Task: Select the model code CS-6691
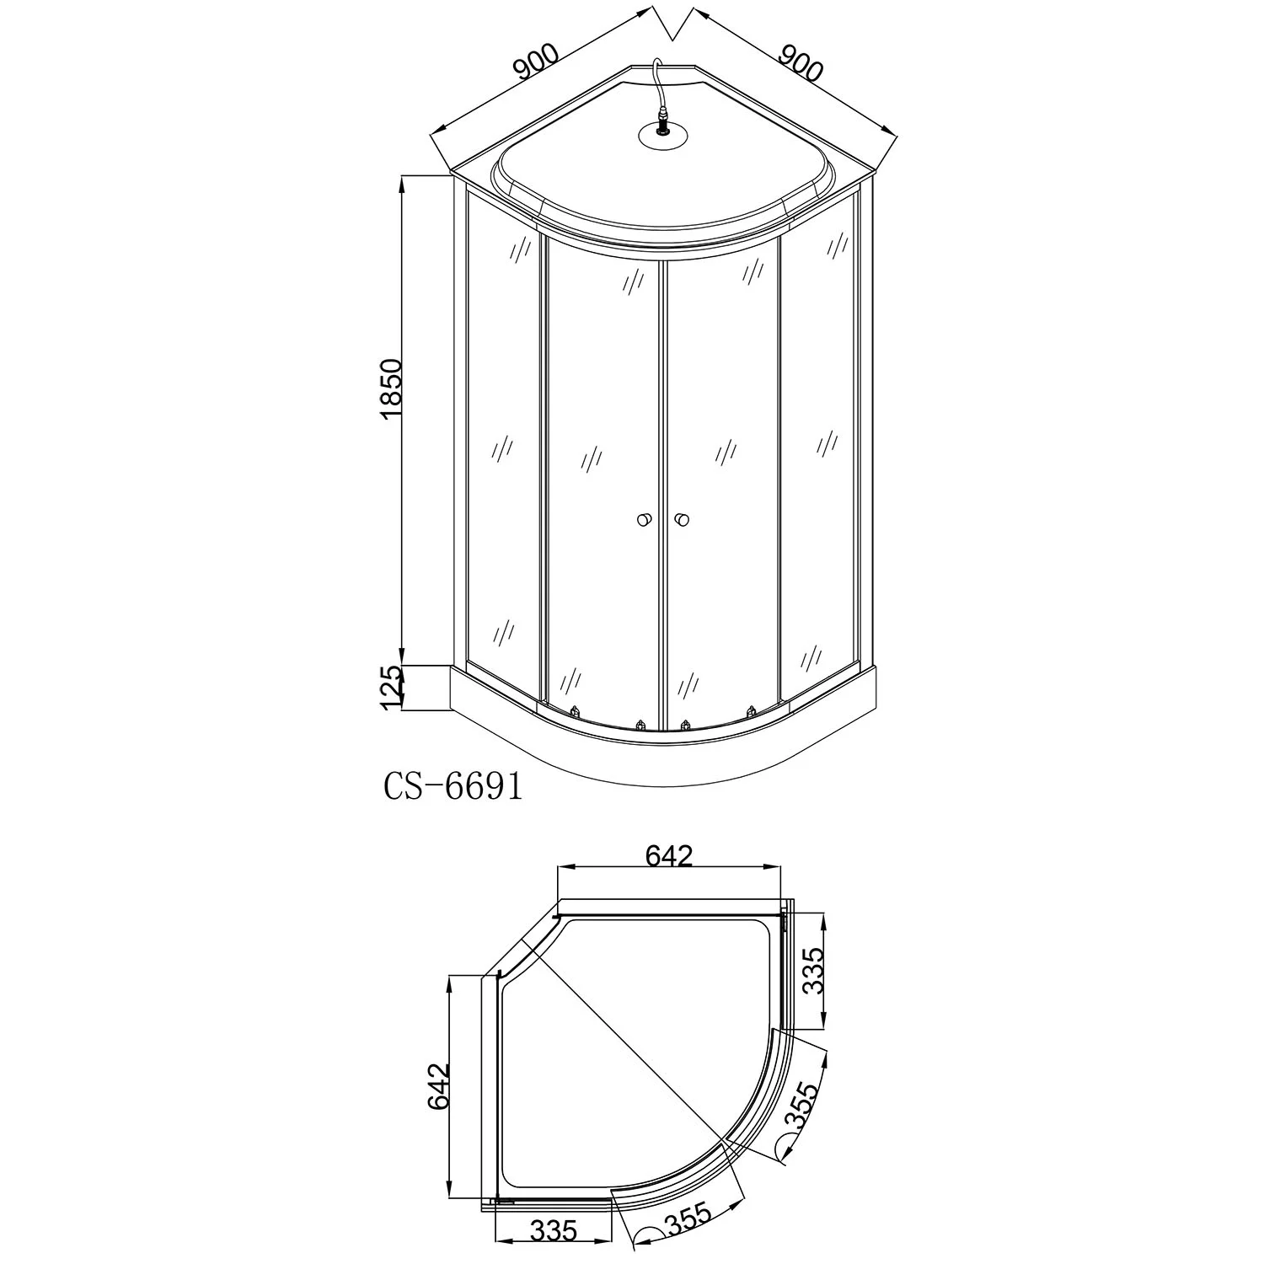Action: click(453, 786)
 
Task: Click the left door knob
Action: click(644, 519)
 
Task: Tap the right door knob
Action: click(682, 519)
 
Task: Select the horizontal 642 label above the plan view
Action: click(668, 856)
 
